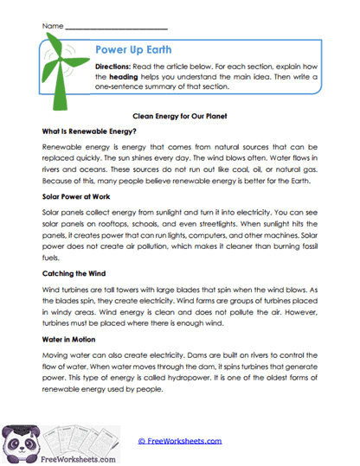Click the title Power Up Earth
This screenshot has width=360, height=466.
[133, 49]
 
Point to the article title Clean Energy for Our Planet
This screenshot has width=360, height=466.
[179, 115]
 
